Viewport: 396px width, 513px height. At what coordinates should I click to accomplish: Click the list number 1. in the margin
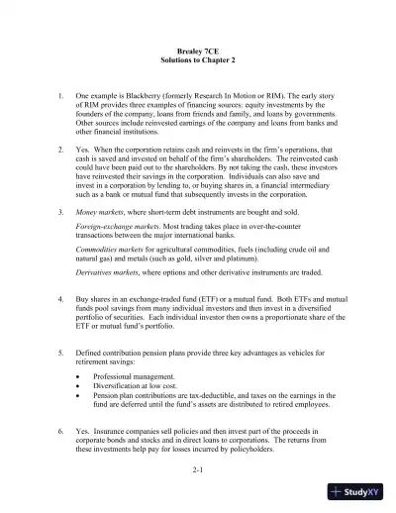tap(61, 97)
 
